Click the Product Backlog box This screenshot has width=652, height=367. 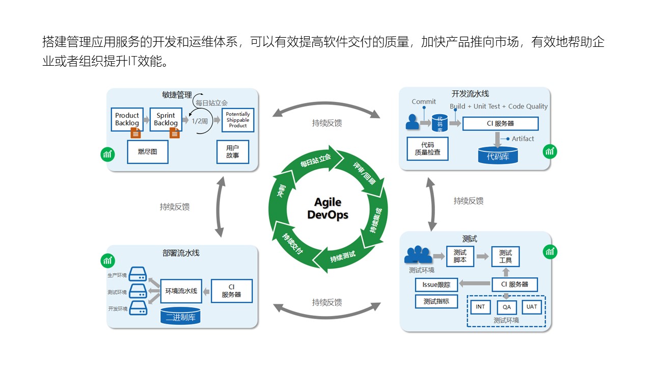tap(127, 119)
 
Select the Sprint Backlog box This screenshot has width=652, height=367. tap(166, 119)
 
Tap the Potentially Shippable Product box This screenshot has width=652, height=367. tap(238, 120)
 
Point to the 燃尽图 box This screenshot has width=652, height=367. tap(148, 152)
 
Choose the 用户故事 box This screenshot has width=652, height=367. tap(233, 152)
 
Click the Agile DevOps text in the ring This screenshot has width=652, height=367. tap(328, 208)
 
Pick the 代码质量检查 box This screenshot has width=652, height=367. tap(427, 148)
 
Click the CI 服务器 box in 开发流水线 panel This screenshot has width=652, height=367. tap(500, 123)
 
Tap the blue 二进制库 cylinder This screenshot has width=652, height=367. tap(180, 316)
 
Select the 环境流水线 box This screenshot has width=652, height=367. tap(181, 292)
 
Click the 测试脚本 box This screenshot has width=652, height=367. tap(460, 256)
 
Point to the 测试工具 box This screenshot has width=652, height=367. tap(505, 256)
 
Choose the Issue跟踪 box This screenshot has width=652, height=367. tap(436, 284)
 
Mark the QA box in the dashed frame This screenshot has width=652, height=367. tap(507, 307)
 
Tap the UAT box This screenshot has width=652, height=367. tap(532, 306)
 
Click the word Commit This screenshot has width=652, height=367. tap(424, 101)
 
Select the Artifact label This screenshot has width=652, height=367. tap(523, 139)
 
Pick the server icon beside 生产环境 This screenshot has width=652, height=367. tap(138, 274)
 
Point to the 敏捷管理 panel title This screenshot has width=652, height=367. tap(177, 95)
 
